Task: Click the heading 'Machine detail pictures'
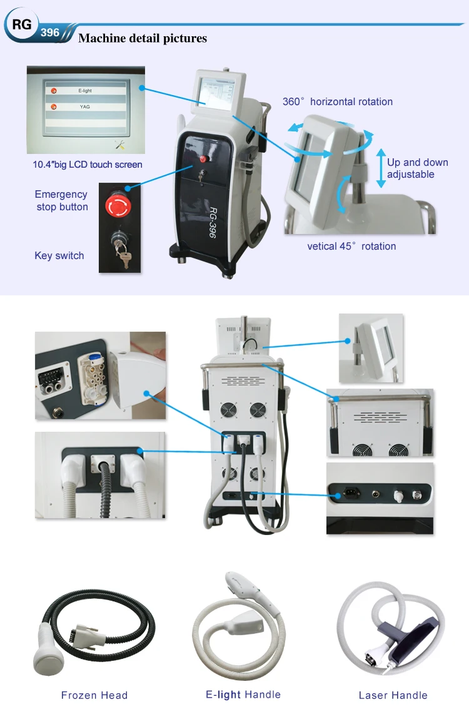(x=143, y=39)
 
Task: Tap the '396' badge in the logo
(x=50, y=32)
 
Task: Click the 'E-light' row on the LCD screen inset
(x=85, y=91)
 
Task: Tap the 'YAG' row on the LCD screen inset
(x=85, y=106)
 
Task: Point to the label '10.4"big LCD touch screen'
(x=88, y=165)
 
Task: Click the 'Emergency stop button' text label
(x=61, y=200)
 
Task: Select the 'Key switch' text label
(x=59, y=255)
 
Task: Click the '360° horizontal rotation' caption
(x=338, y=101)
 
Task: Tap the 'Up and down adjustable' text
(x=417, y=168)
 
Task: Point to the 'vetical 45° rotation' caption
(x=351, y=246)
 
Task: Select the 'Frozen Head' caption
(x=94, y=695)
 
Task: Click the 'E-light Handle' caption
(x=243, y=694)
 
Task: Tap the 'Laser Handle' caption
(x=393, y=695)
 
